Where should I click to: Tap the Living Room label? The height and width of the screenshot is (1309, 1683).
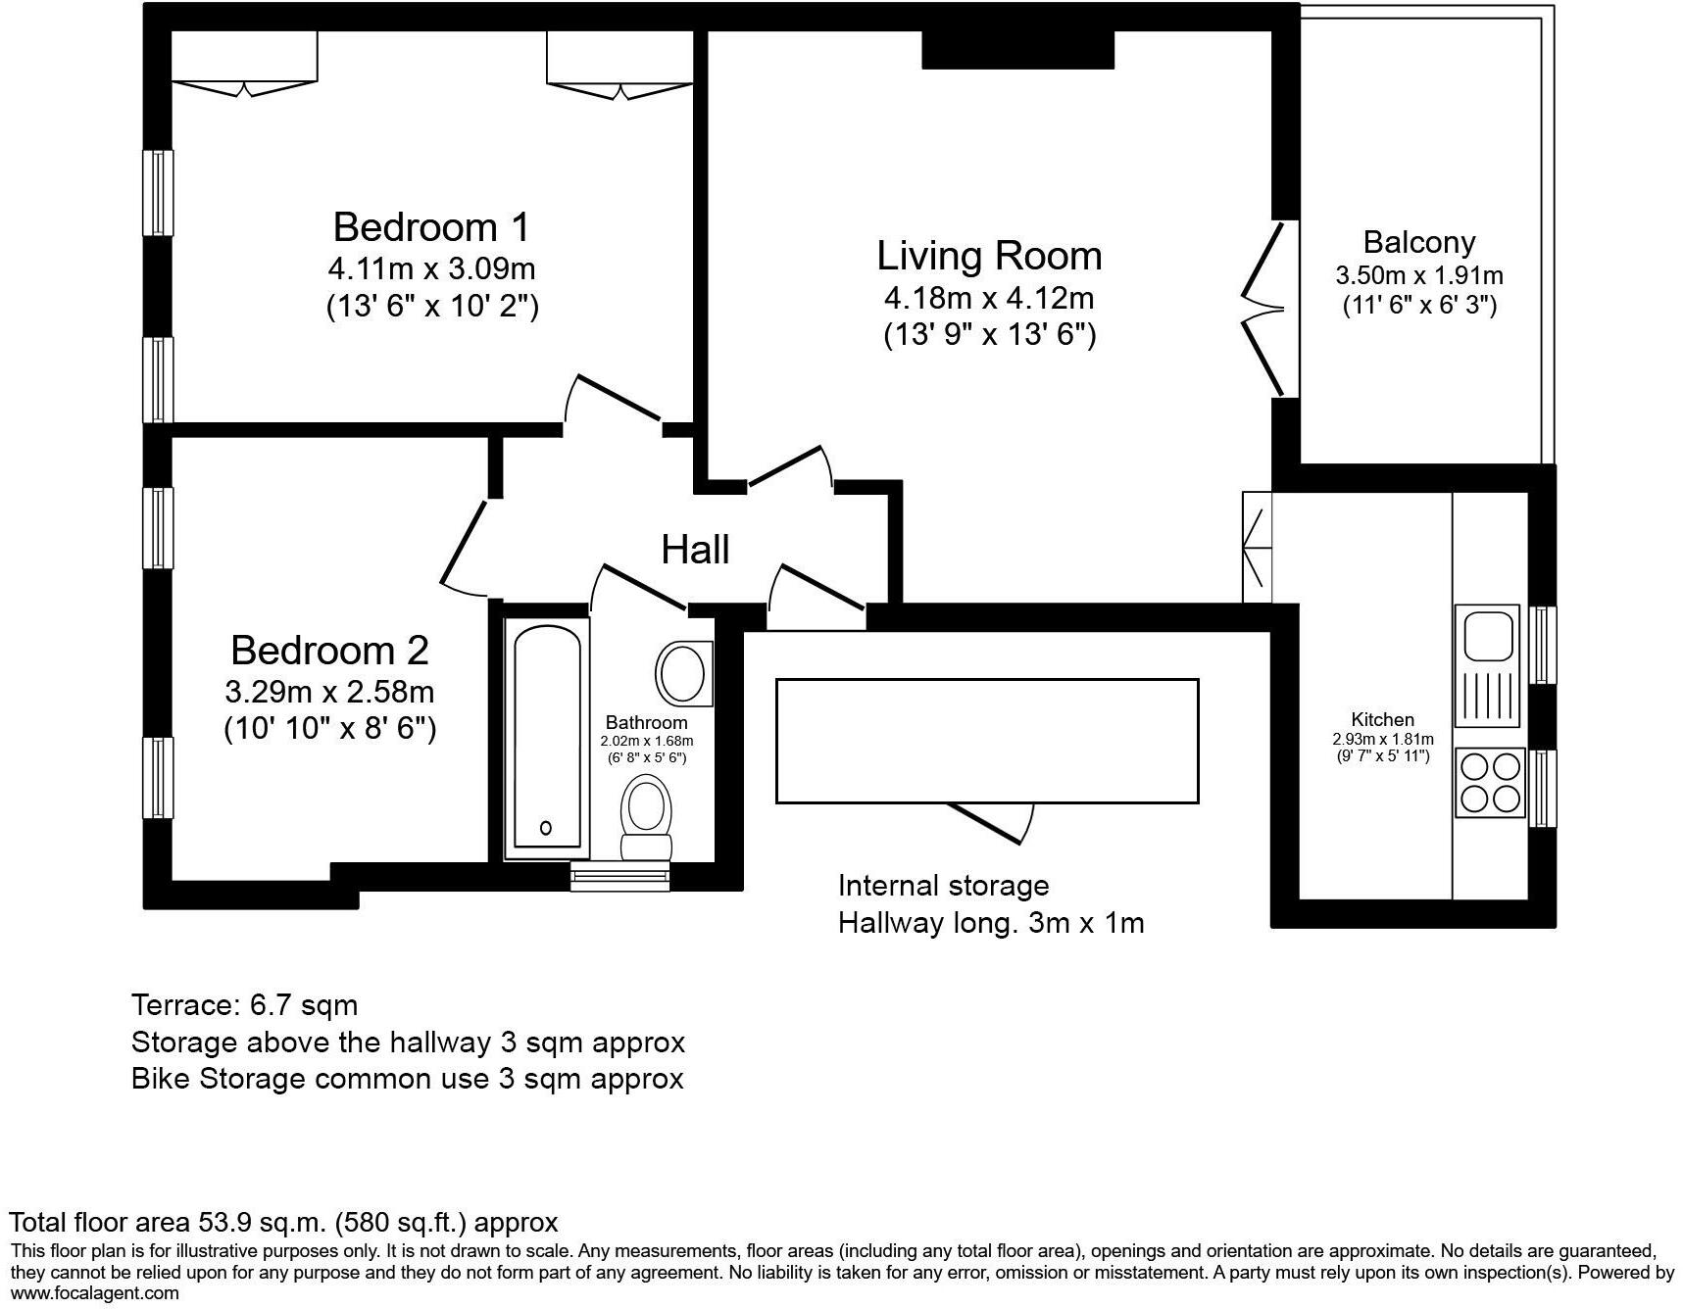click(x=988, y=256)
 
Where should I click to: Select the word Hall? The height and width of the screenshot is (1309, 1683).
click(x=695, y=550)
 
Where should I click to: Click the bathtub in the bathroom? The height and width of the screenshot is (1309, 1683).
click(x=546, y=737)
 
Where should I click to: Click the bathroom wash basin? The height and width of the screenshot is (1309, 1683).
click(x=683, y=673)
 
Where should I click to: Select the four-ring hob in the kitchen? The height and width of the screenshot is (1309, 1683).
click(x=1490, y=782)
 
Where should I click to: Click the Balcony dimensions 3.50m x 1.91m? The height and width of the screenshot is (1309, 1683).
click(x=1418, y=275)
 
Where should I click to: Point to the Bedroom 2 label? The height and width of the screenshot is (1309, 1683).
click(x=329, y=651)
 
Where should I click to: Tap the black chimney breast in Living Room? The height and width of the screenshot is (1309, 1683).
click(x=1017, y=49)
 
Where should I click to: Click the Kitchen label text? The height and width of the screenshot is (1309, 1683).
click(x=1382, y=719)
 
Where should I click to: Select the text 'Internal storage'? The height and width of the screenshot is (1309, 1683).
click(x=943, y=886)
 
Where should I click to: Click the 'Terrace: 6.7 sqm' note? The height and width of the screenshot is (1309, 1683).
click(x=244, y=1005)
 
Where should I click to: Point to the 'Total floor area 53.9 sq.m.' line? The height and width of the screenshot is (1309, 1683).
click(x=283, y=1222)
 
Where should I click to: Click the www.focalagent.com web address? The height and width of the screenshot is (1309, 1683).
click(x=94, y=1293)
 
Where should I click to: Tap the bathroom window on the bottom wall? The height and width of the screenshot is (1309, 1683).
click(x=619, y=877)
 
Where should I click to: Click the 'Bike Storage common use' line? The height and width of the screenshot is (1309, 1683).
click(x=407, y=1079)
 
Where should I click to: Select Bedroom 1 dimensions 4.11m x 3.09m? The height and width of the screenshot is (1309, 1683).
click(x=431, y=268)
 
